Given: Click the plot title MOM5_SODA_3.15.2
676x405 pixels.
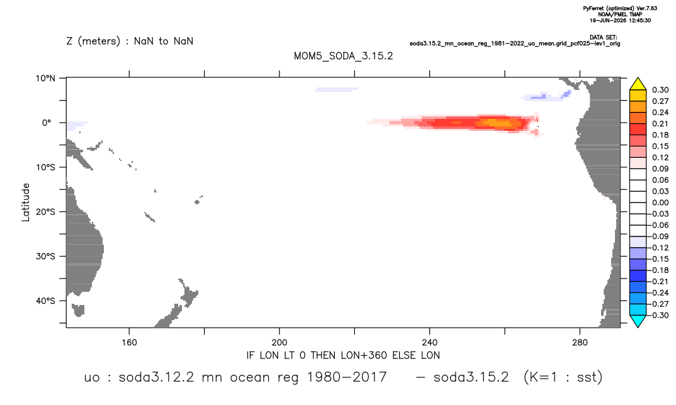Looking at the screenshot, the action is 343,57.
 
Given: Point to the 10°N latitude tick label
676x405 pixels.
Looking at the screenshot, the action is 45,78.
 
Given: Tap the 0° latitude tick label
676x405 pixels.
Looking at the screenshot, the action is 47,123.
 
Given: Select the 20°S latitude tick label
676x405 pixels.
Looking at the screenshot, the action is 45,211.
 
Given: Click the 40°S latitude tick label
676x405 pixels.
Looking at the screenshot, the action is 45,301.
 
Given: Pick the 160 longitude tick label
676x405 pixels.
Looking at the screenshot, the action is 129,343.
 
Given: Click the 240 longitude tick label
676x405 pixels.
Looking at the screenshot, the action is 429,343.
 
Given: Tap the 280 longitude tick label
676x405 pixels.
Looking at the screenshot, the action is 580,343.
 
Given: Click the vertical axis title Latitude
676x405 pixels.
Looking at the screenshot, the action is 26,203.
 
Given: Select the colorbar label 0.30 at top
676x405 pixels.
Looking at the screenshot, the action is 660,90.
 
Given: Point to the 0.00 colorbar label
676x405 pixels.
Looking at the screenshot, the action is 660,203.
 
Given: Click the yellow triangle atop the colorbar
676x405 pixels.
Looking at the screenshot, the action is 638,84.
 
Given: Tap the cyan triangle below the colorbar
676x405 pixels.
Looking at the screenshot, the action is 638,321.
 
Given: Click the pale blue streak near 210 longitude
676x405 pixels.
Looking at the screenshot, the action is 336,90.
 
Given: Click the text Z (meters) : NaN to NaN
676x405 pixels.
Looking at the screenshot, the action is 130,42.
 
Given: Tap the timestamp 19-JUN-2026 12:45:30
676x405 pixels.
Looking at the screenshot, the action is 621,20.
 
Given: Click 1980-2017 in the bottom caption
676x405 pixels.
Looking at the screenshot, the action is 347,377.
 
